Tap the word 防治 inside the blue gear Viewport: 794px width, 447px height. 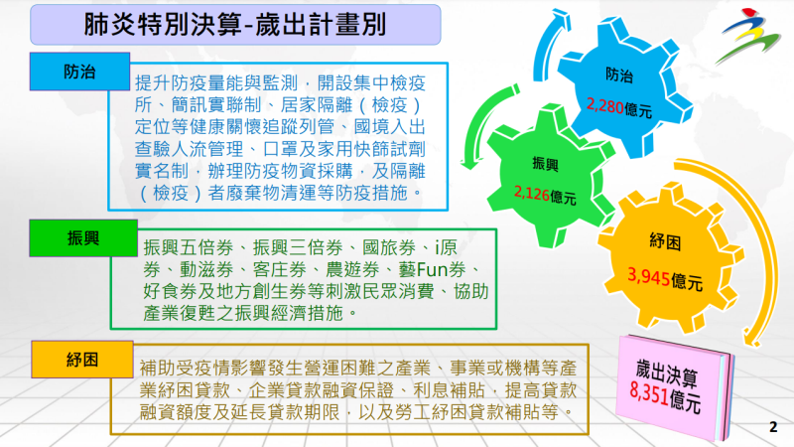pyautogui.click(x=618, y=74)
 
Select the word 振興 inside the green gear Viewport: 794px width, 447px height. pyautogui.click(x=546, y=164)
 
